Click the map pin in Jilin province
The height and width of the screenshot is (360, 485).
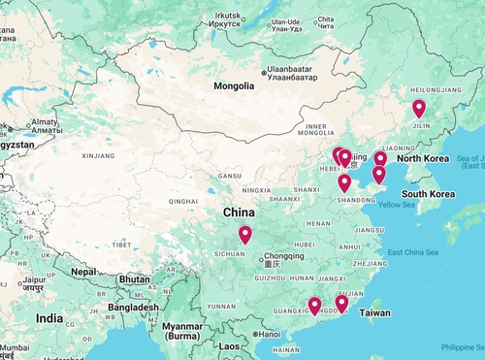[x=419, y=109]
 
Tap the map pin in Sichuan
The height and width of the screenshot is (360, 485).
[x=244, y=235]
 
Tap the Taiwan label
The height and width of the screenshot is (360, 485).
[x=375, y=314]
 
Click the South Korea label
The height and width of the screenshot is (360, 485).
[x=429, y=194]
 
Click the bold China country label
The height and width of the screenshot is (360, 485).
[x=240, y=213]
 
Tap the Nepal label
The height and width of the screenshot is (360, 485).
[x=84, y=272]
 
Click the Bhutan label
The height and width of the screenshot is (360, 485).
[x=134, y=278]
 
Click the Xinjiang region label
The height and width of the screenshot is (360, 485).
[x=98, y=154]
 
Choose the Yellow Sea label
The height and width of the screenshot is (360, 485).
[x=396, y=205]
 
